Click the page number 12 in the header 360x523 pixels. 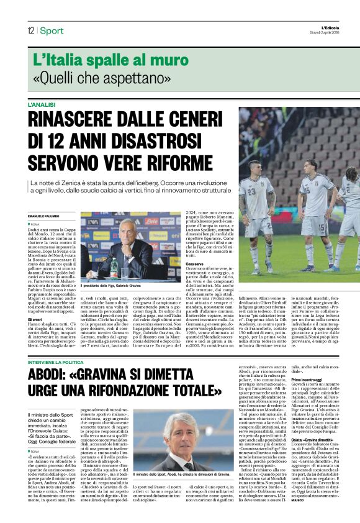[30, 30]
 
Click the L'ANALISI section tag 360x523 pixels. [42, 105]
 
